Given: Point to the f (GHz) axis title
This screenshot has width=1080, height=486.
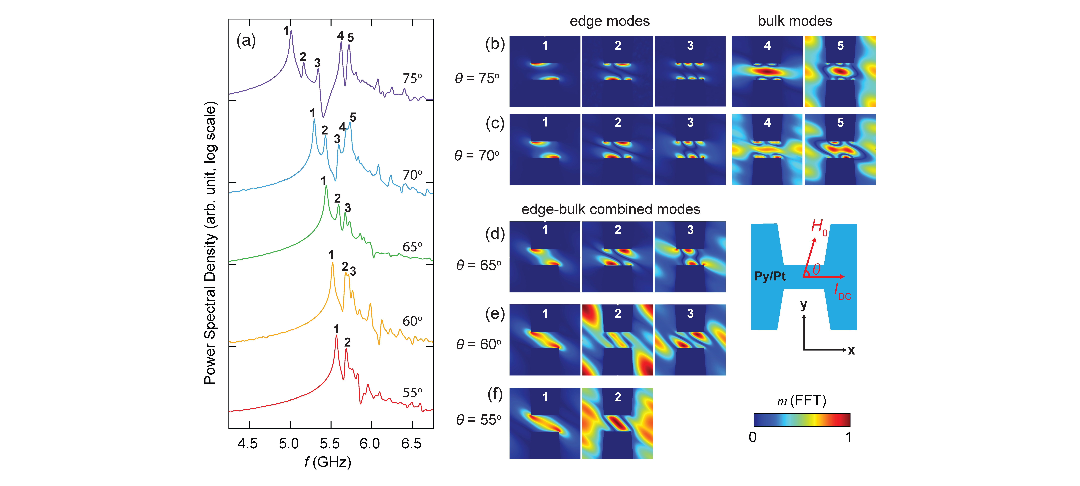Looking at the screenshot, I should coord(328,462).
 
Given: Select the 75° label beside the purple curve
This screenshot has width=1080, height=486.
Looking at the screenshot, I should coord(412,78).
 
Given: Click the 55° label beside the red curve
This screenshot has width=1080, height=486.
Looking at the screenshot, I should coord(412,393).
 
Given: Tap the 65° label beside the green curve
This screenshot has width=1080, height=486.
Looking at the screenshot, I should coord(412,247).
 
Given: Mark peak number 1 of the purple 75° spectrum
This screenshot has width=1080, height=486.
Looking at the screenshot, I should coord(291,31).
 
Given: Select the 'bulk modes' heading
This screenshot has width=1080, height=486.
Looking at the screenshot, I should coord(795,21).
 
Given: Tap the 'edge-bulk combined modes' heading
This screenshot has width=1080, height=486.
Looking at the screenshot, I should coord(610,209).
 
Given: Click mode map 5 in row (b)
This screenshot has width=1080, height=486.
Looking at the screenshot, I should coord(840,71).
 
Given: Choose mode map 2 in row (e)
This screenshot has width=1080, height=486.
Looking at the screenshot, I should coord(617,340).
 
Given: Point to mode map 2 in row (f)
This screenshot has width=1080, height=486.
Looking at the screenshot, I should coord(617,423).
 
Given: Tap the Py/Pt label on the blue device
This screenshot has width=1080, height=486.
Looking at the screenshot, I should coord(770,276).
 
